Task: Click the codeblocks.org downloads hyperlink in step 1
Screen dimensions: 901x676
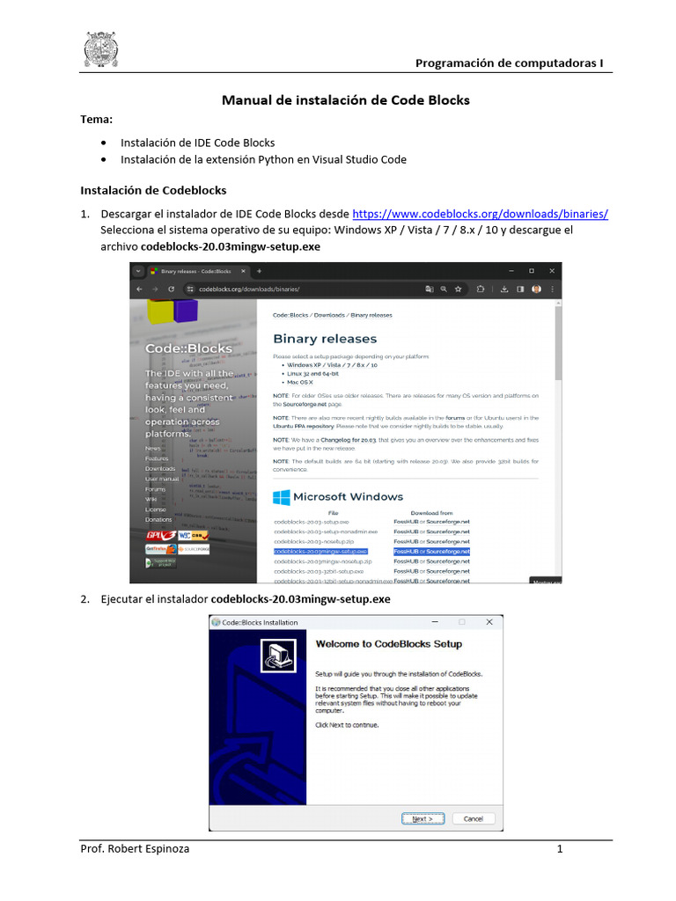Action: coord(480,214)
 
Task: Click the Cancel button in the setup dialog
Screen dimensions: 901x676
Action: coord(473,818)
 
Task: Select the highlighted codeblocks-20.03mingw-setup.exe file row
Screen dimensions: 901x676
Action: coord(320,551)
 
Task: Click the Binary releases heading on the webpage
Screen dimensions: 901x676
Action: coord(324,339)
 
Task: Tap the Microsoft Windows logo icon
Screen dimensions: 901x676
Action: coord(282,497)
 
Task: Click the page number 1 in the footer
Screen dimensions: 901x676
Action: coord(559,849)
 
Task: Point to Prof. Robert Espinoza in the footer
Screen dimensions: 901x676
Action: coord(134,849)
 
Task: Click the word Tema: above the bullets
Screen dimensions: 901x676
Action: coord(97,119)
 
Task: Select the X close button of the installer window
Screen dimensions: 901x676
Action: coord(489,622)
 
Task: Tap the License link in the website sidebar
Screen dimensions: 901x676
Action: coord(155,509)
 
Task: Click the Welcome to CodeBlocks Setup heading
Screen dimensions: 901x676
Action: coord(388,644)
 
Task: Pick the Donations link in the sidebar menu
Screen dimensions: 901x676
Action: coord(158,520)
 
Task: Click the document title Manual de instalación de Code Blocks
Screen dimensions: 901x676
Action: coord(345,100)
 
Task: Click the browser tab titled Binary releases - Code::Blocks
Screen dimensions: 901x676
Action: coord(195,272)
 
